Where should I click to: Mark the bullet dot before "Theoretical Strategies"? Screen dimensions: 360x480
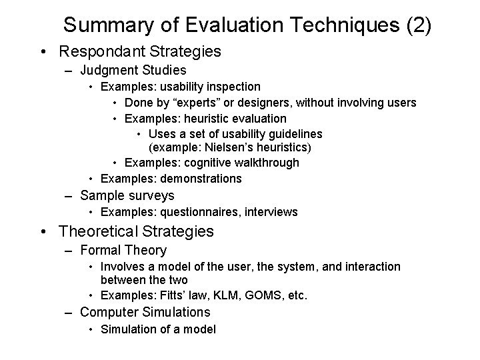tap(44, 232)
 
